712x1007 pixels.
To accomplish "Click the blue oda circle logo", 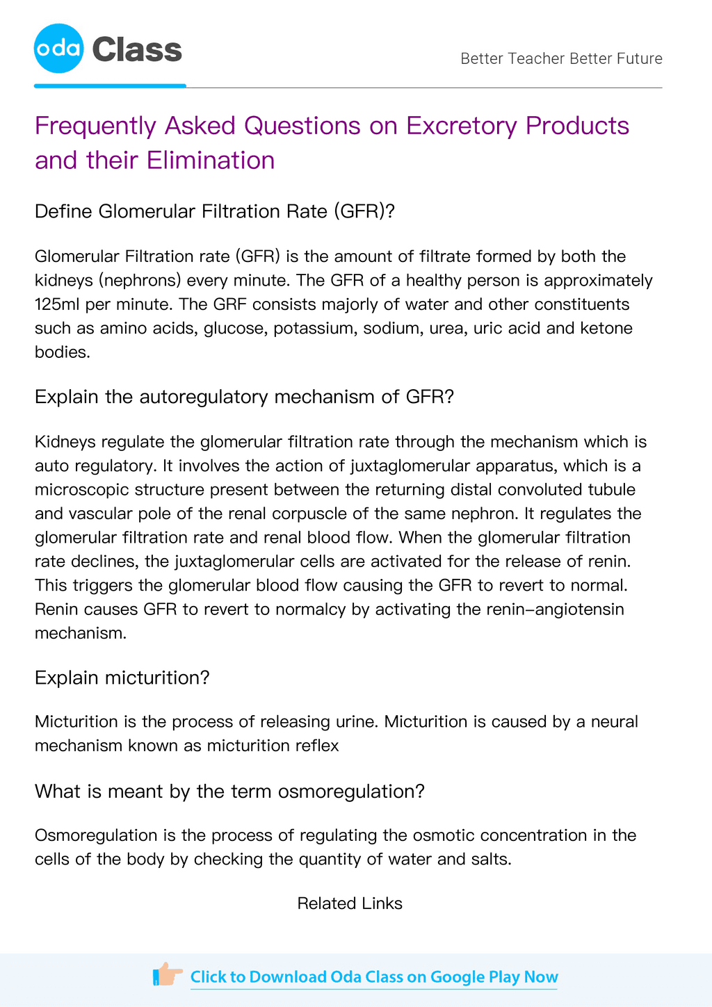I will (x=59, y=49).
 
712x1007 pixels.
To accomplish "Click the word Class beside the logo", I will (x=137, y=50).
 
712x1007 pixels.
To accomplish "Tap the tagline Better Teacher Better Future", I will (x=561, y=58).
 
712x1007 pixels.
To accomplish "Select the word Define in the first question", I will (x=64, y=211).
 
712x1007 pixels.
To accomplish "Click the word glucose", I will (x=232, y=328).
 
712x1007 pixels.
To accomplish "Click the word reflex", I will (x=318, y=746).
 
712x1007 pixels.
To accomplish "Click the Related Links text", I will (x=350, y=903).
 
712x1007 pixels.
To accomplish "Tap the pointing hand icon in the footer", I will (x=167, y=975).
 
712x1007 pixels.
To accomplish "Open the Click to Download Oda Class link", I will (x=374, y=977).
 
